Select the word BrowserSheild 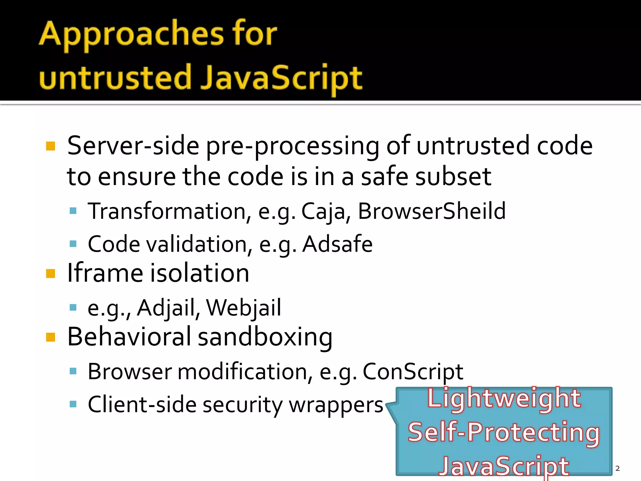point(432,211)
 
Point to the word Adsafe point(337,244)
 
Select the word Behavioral point(129,337)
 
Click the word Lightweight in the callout point(504,398)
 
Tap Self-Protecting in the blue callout point(504,432)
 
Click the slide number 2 point(617,468)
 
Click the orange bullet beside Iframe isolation point(50,274)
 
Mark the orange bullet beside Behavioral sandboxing point(50,338)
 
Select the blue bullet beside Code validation point(73,244)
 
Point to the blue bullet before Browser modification point(73,371)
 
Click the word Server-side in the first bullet point(133,146)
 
